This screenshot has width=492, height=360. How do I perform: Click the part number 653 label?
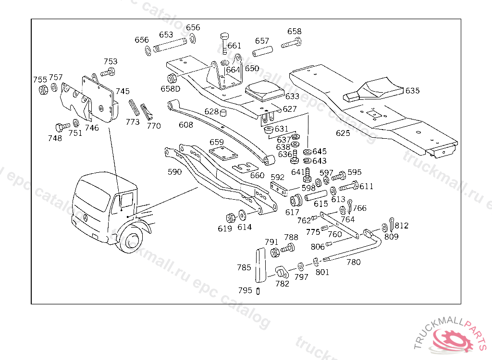tap(166, 35)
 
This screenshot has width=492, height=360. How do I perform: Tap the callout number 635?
tap(412, 91)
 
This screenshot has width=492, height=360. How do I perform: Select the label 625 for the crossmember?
tap(343, 133)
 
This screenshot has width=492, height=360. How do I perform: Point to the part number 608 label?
tap(185, 125)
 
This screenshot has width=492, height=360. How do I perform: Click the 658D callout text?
tap(170, 89)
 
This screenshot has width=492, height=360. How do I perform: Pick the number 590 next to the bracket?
tap(174, 172)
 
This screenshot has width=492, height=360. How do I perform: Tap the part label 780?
tap(353, 263)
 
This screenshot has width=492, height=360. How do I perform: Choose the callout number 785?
tap(244, 267)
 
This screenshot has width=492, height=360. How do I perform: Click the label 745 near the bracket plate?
tap(123, 91)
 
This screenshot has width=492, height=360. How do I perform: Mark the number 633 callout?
tap(292, 97)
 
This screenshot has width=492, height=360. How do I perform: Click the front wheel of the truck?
tap(132, 240)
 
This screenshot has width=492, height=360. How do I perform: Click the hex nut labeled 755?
tap(43, 89)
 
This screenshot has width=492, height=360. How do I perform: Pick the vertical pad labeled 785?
tap(259, 266)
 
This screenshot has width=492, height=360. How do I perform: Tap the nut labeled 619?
tap(230, 216)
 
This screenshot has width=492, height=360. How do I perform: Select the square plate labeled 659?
tap(224, 154)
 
